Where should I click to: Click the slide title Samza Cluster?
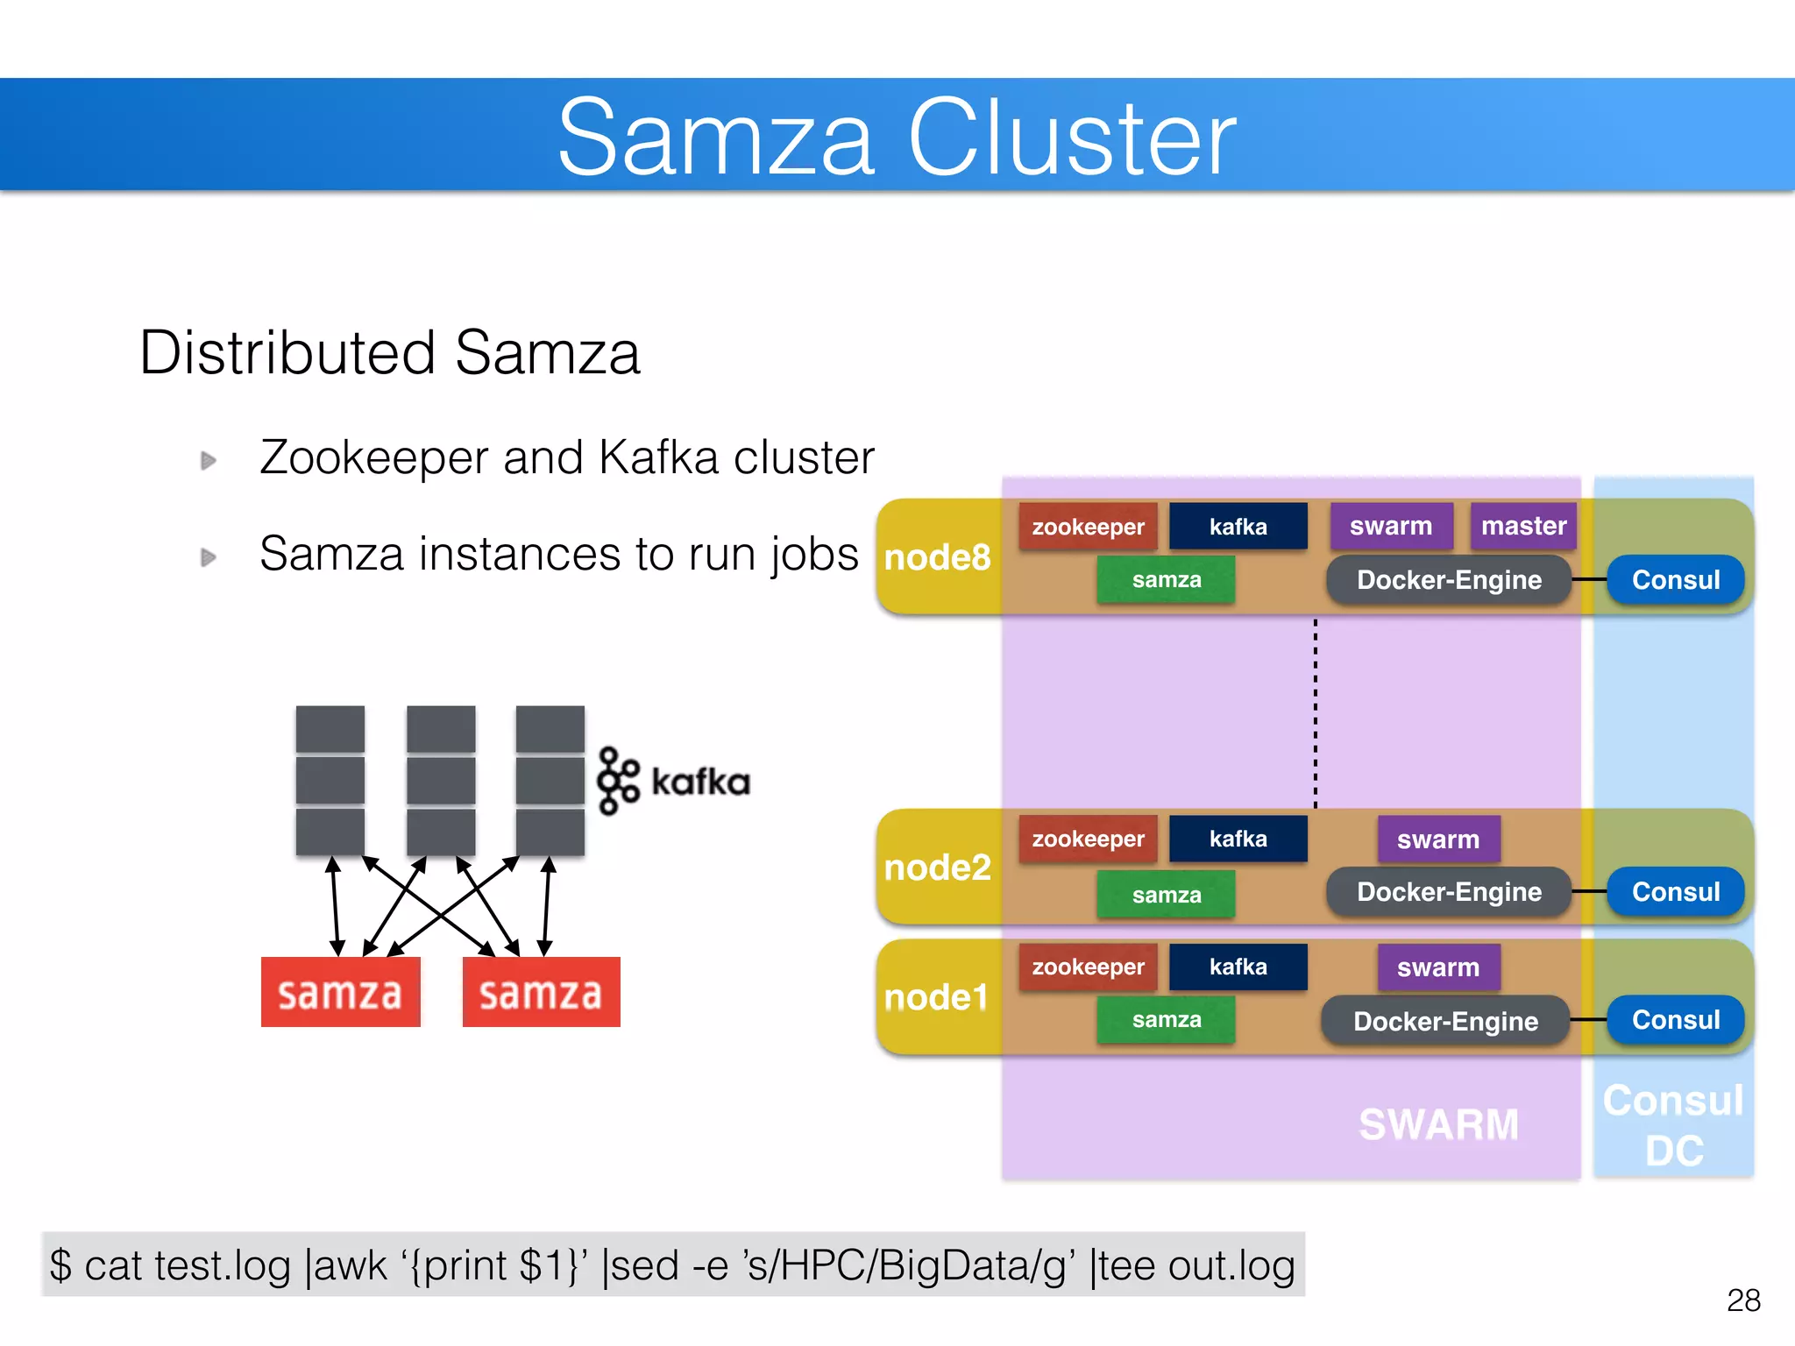(897, 138)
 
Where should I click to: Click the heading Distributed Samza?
(390, 353)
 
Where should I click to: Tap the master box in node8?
(1523, 526)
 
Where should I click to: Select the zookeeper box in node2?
(1088, 839)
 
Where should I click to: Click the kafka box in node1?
(1238, 967)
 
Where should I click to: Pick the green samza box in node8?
(1166, 579)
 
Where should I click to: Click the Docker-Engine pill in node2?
(1449, 892)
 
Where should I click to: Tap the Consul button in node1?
(1675, 1020)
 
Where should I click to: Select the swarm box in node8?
(1391, 526)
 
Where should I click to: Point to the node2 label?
(937, 868)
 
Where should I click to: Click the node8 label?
(937, 557)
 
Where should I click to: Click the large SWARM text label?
(1438, 1124)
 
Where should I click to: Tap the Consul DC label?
(1673, 1125)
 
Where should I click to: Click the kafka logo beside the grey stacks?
(673, 781)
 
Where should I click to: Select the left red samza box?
(340, 992)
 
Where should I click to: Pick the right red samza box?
(541, 992)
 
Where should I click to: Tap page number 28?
(1743, 1300)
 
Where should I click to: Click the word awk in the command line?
(349, 1265)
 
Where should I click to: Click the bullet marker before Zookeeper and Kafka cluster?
(208, 460)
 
